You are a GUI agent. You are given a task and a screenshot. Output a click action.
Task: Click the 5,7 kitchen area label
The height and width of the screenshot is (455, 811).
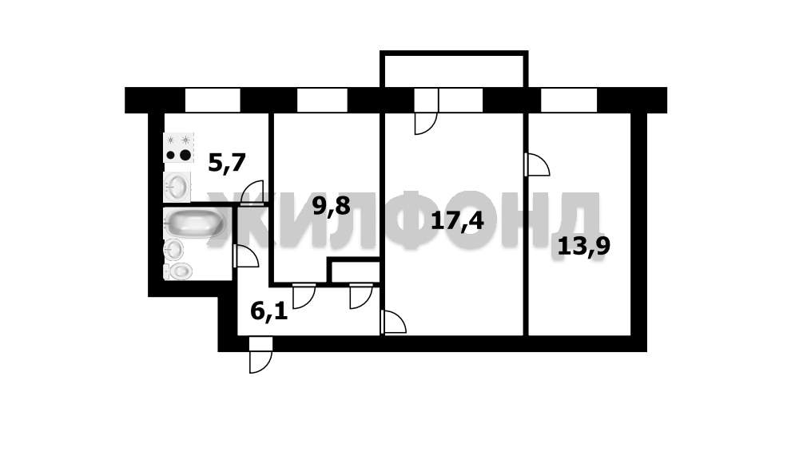(x=226, y=163)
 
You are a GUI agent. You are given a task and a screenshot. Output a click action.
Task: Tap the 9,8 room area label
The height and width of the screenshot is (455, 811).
(x=331, y=207)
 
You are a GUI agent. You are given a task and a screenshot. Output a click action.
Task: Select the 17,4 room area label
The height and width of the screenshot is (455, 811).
(x=457, y=220)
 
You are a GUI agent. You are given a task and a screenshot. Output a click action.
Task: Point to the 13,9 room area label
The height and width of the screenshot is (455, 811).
(x=583, y=245)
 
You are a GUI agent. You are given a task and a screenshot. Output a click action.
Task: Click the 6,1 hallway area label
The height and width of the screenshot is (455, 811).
(x=268, y=311)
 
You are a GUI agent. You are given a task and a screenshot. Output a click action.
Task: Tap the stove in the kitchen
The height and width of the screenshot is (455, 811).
(x=179, y=147)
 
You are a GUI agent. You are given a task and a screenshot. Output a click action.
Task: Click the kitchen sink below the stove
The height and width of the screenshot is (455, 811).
(x=177, y=187)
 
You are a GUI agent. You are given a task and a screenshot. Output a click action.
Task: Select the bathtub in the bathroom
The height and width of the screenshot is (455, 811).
(x=193, y=223)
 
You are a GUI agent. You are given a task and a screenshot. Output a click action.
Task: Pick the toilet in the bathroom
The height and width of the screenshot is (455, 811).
(x=179, y=271)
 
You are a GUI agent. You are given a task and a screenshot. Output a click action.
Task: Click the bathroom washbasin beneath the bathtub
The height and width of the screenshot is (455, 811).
(x=173, y=250)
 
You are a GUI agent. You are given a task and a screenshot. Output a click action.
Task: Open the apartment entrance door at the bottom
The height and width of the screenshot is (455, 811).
(x=260, y=360)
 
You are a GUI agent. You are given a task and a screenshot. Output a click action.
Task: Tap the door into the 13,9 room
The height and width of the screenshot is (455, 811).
(x=537, y=164)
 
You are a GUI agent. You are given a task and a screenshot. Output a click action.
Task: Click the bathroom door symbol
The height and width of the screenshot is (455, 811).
(x=245, y=256)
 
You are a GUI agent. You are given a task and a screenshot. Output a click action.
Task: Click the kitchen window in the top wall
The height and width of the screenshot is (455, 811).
(x=213, y=100)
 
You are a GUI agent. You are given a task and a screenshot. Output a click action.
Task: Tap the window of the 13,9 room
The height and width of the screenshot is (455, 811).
(x=569, y=100)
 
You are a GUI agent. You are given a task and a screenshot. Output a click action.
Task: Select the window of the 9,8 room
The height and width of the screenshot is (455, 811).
(x=322, y=100)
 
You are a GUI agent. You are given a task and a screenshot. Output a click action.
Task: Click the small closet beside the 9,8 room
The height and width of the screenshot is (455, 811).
(x=354, y=271)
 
